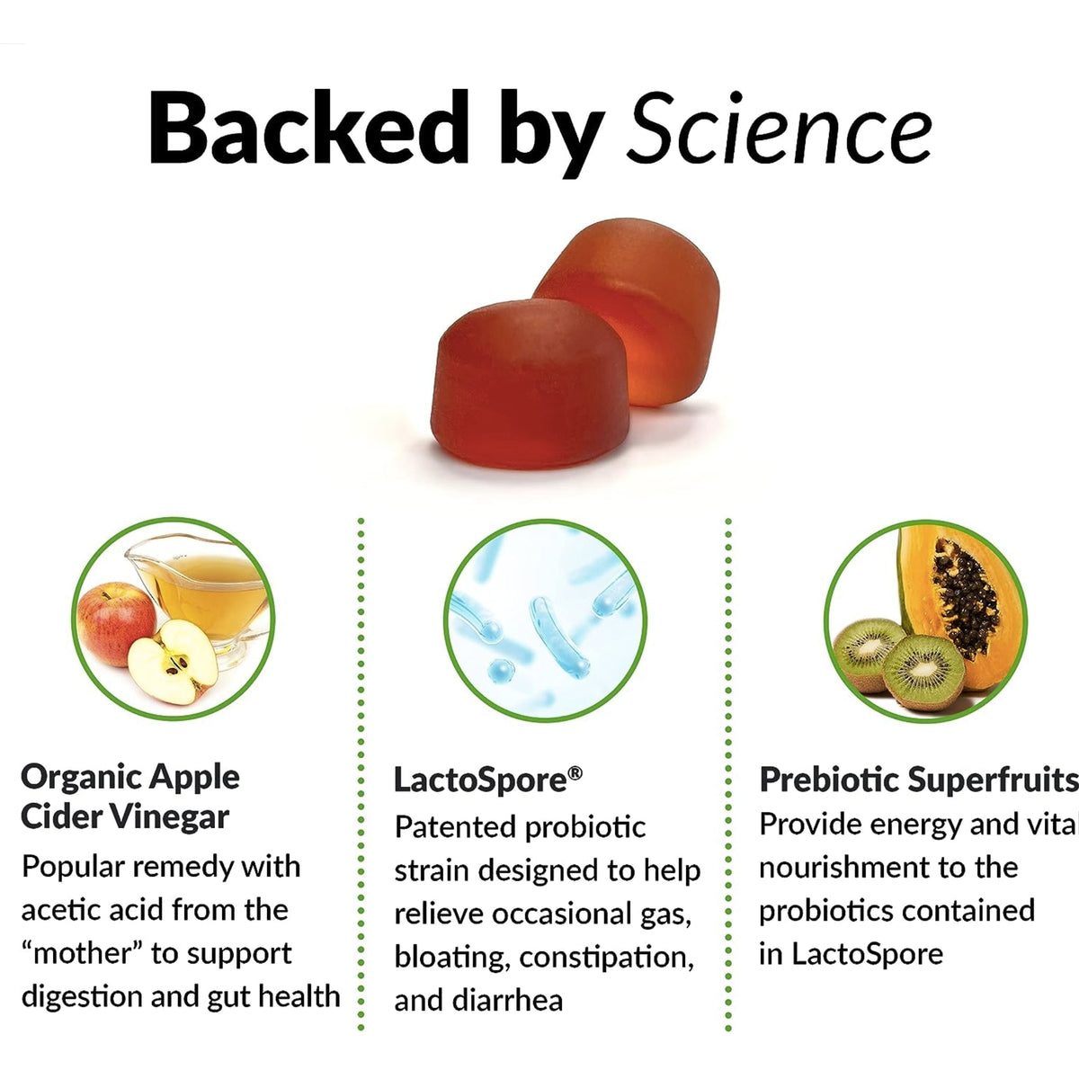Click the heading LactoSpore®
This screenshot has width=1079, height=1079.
[488, 779]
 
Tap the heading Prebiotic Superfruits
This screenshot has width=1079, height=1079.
[917, 779]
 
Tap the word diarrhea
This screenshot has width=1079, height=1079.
[513, 1000]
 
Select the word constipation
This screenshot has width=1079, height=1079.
[607, 957]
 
